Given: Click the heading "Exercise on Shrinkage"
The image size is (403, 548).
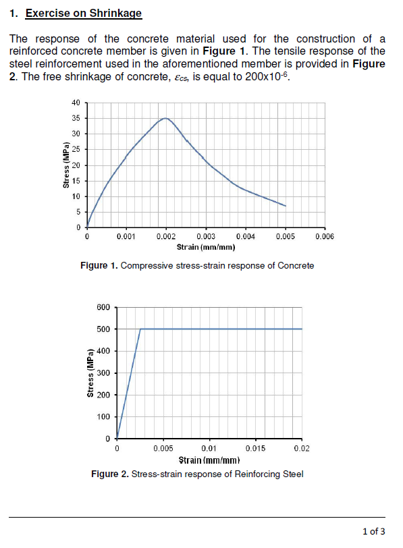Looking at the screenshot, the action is [84, 13].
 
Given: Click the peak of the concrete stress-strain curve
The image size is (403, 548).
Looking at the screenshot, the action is [165, 118].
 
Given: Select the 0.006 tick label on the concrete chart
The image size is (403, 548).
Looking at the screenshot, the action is [325, 238].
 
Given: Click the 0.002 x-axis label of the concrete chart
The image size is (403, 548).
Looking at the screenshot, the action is [166, 238].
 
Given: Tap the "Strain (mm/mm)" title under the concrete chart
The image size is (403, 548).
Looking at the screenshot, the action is [205, 248].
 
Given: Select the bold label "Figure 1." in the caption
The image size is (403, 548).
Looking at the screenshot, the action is [99, 266].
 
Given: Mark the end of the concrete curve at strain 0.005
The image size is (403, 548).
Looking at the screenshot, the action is [286, 206].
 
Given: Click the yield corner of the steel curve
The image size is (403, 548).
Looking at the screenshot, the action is [140, 329].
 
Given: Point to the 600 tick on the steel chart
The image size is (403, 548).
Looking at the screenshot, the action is [103, 308].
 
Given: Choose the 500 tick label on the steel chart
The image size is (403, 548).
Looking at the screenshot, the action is [103, 329].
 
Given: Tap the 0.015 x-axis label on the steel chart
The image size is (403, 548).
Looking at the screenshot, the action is [256, 447].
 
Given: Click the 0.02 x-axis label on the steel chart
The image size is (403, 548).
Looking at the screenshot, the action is [302, 447].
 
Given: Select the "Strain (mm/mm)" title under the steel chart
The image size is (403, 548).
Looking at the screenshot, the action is [209, 460].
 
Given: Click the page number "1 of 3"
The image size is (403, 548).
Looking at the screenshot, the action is [374, 530].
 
